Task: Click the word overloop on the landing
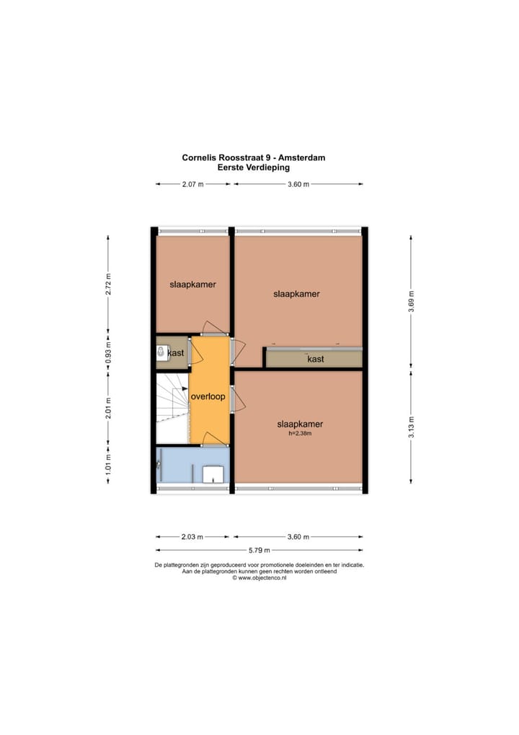208,396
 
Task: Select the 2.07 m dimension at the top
192,184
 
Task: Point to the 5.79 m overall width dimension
259,551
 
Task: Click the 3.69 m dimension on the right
411,298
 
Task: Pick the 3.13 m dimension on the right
411,425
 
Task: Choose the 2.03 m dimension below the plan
192,536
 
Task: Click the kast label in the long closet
315,359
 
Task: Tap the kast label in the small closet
176,353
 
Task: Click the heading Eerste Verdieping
254,167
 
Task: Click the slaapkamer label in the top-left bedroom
192,284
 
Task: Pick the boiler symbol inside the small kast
161,353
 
